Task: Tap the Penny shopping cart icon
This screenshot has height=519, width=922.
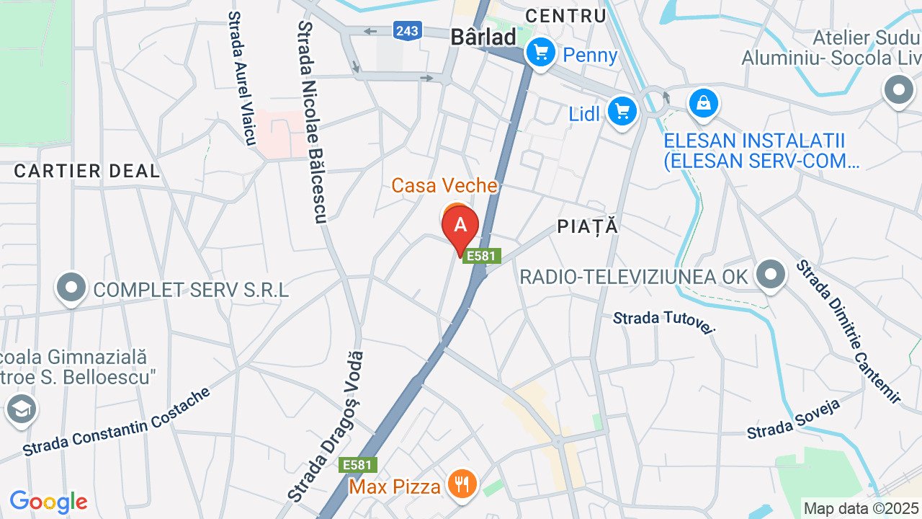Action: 540,53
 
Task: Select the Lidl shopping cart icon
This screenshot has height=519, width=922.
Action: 622,112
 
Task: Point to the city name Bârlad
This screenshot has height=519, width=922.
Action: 483,37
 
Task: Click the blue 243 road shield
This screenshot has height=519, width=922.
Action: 407,30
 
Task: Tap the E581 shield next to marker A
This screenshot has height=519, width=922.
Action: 481,256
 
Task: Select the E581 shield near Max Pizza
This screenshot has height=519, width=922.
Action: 357,465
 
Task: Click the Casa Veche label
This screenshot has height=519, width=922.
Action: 444,186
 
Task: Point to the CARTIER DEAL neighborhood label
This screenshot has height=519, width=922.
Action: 86,171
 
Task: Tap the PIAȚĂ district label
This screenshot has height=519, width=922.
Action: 588,226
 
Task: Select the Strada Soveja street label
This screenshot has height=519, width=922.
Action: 794,419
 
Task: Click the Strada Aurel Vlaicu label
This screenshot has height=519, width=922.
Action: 241,78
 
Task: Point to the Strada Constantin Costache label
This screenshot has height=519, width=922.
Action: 116,422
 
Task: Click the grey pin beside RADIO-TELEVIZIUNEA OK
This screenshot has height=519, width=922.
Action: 771,275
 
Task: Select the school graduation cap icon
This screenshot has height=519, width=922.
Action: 21,409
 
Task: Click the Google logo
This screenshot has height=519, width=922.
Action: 48,502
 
